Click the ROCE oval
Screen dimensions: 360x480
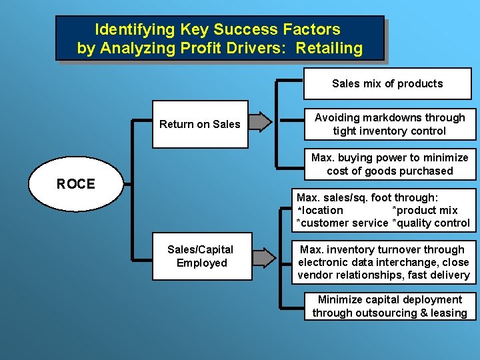click(x=76, y=184)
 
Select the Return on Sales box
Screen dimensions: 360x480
click(x=200, y=124)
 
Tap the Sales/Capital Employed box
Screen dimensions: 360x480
click(x=200, y=256)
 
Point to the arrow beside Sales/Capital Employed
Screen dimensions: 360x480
click(x=263, y=257)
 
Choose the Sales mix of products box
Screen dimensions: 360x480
click(x=387, y=84)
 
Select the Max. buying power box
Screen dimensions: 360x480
click(x=389, y=164)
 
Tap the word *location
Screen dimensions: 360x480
click(x=320, y=211)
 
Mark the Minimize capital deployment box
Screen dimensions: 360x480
click(x=389, y=307)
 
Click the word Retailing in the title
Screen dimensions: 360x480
click(x=329, y=49)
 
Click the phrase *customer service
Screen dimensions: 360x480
click(x=342, y=223)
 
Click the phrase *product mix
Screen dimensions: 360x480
click(x=425, y=211)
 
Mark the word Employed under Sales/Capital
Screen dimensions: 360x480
click(x=201, y=263)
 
